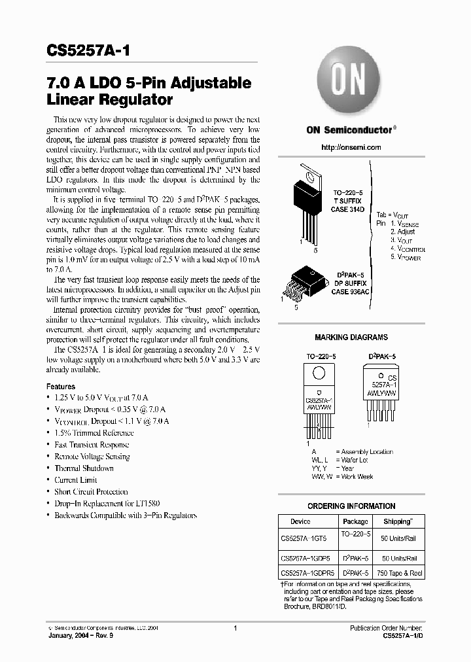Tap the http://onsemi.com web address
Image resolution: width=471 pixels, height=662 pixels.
click(x=351, y=147)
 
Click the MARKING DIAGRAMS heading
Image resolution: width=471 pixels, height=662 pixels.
click(x=351, y=338)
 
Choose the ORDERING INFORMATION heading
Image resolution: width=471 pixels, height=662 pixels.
click(x=351, y=506)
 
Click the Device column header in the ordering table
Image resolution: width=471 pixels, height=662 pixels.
click(x=300, y=521)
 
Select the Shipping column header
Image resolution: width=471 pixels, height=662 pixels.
click(x=397, y=521)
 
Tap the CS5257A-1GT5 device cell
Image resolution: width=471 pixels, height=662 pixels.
click(x=305, y=538)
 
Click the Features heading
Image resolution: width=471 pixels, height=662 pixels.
click(x=60, y=387)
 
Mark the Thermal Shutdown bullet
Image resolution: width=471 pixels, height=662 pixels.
click(x=84, y=468)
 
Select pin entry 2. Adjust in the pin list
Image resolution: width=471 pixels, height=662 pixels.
click(x=402, y=232)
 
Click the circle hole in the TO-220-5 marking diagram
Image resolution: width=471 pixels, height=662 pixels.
click(x=319, y=374)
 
